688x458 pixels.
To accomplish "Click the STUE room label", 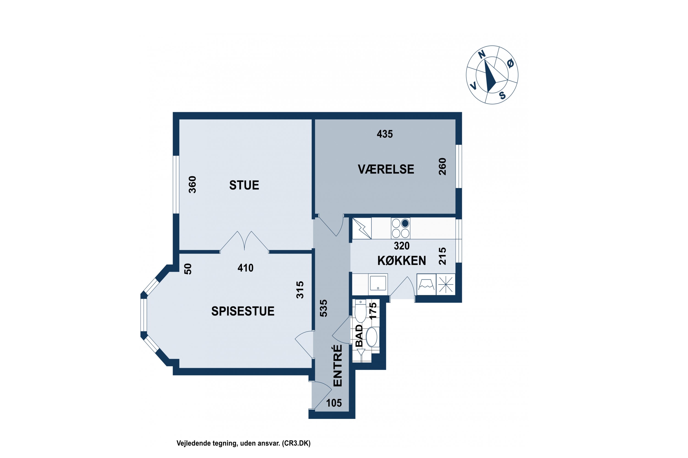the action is click(244, 185).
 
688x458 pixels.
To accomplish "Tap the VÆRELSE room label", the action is click(386, 169).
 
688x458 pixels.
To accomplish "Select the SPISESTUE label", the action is click(243, 311).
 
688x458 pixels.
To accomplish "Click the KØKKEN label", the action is click(402, 261).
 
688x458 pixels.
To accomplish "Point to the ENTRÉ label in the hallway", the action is click(338, 365).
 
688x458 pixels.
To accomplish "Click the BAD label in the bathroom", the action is click(359, 336).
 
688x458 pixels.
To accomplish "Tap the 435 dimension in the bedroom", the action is click(385, 134).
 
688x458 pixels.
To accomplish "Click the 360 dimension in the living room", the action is click(192, 184).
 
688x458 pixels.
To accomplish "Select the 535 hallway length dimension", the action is click(324, 308).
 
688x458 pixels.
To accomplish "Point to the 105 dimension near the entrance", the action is click(334, 403).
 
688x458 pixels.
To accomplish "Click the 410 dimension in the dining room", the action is click(245, 268).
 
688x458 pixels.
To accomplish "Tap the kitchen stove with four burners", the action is click(400, 228).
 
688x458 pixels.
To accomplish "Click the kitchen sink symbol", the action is click(378, 283).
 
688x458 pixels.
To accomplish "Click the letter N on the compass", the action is click(481, 54).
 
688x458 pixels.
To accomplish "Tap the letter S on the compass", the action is click(502, 95).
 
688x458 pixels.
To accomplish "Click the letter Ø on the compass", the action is click(510, 63).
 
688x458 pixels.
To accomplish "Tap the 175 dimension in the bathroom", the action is click(373, 311).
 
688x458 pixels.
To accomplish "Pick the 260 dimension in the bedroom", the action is click(442, 166).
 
